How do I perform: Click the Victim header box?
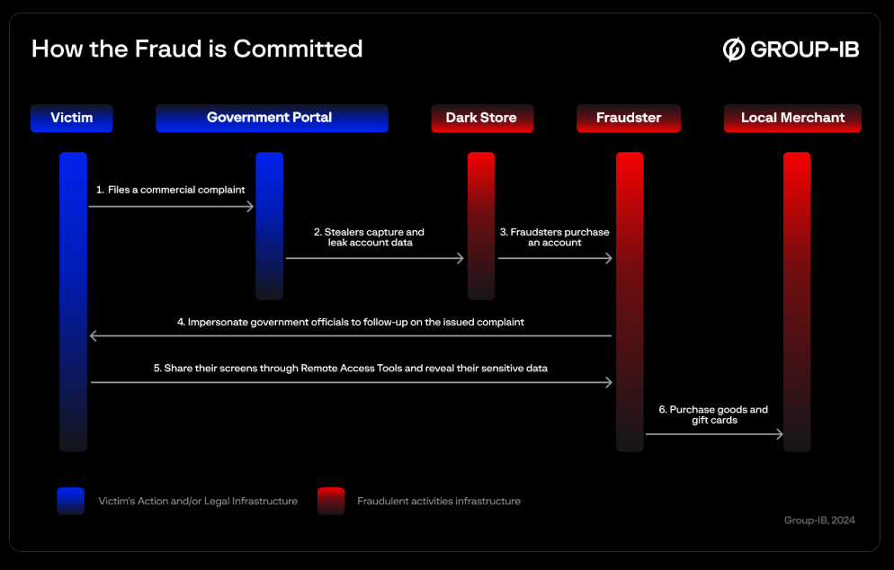(x=72, y=118)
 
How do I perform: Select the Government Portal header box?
(x=272, y=118)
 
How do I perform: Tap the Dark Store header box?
(x=482, y=118)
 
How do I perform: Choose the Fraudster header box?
(x=629, y=118)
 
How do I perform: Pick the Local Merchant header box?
(x=792, y=118)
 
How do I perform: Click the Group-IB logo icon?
(x=734, y=49)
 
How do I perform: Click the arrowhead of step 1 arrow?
(x=250, y=207)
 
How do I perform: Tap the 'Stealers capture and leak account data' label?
(x=370, y=237)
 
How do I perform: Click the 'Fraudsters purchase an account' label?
(x=555, y=237)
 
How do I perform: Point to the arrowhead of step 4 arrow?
(x=94, y=335)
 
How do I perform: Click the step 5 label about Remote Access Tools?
(x=351, y=369)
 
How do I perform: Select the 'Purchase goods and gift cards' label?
(x=713, y=415)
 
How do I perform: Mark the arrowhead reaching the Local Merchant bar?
(x=780, y=434)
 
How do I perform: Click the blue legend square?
(x=71, y=501)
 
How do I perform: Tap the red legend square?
(x=331, y=501)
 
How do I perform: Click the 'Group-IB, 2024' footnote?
(x=819, y=521)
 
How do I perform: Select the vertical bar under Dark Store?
(x=481, y=226)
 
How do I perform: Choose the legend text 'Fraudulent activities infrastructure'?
(x=439, y=501)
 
